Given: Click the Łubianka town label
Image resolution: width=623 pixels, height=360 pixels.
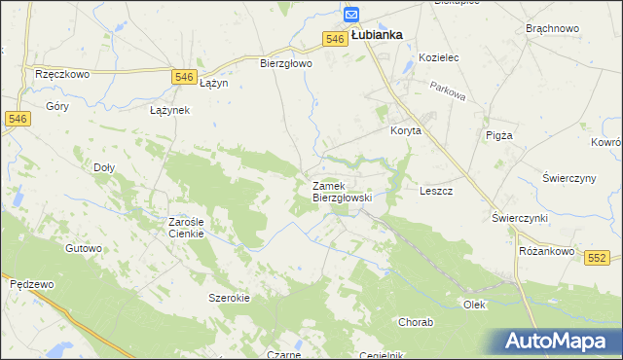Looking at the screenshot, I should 377,34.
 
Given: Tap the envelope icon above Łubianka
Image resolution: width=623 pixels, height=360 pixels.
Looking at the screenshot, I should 351,15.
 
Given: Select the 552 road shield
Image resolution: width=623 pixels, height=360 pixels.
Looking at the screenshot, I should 598,257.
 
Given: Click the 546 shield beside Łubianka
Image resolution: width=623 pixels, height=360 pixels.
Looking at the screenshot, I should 335,38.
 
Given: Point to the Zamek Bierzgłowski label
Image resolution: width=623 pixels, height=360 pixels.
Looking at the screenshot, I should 341,191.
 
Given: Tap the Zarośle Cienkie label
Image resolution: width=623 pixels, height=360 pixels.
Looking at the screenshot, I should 185,228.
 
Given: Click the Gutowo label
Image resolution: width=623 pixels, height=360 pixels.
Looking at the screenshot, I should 84,248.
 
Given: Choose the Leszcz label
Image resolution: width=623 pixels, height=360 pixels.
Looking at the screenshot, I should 436,191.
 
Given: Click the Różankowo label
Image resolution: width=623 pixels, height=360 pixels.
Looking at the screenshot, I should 542,250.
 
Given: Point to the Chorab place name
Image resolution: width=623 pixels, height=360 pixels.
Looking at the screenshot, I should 416,321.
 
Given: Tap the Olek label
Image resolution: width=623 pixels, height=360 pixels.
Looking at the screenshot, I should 474,305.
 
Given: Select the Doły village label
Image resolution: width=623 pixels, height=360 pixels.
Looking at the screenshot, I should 103,167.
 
